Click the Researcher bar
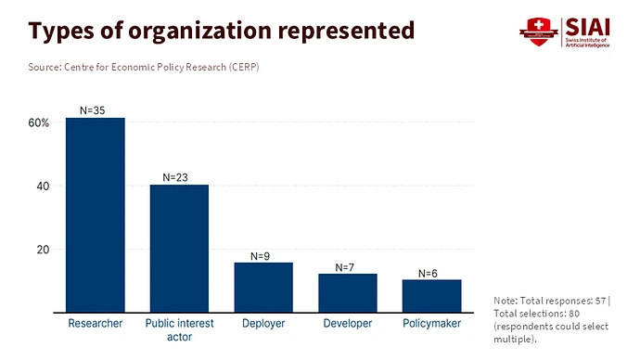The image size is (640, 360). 96,215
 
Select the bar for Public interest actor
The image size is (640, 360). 179,249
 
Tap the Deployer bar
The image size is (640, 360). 263,288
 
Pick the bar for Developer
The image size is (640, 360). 348,293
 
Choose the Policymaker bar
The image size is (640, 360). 432,296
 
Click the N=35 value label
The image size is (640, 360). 92,110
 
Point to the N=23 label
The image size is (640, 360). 175,177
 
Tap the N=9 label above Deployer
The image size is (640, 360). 260,256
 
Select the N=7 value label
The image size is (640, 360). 344,267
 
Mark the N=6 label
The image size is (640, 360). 428,274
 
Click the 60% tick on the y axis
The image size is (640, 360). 39,122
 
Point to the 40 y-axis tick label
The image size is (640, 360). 43,186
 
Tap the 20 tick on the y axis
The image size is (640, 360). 43,250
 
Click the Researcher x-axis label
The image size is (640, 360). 96,323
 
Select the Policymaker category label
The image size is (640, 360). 432,323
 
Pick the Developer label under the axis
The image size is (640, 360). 348,323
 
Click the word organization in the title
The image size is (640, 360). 199,32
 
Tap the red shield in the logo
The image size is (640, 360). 539,32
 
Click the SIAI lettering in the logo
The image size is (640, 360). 588,27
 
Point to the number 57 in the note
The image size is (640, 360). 600,301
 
